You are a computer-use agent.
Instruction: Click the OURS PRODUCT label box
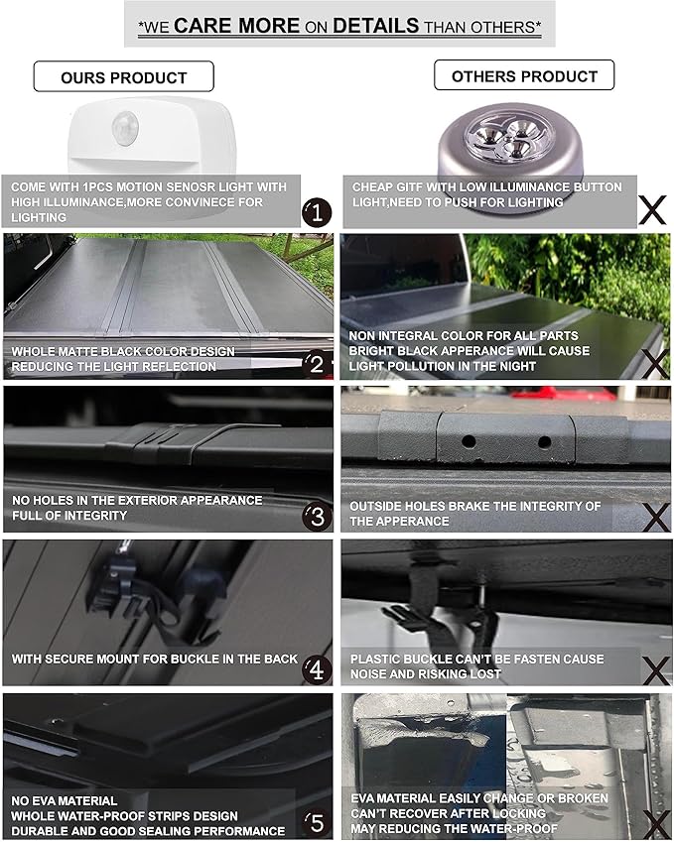124,76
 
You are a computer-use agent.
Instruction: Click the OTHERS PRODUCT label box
524,75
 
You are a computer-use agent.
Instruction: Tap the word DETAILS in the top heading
375,25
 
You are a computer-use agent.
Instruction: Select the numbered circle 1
317,212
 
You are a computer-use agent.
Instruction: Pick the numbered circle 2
317,364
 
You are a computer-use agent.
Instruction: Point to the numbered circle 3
317,516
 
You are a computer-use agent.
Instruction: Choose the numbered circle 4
317,669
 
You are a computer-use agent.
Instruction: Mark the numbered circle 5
317,823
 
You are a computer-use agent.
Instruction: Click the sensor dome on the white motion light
125,128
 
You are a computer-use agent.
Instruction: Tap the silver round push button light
509,148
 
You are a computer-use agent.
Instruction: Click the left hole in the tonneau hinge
469,442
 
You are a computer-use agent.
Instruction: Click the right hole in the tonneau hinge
545,442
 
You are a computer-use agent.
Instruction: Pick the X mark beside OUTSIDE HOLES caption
656,517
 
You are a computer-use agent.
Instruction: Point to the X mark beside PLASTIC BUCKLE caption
656,670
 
